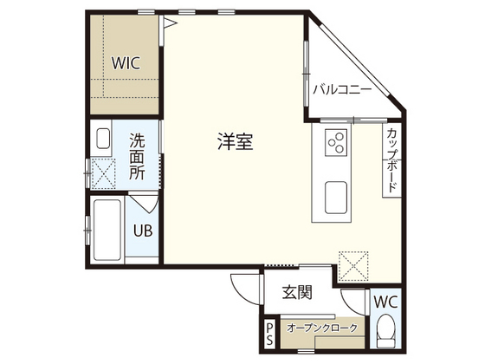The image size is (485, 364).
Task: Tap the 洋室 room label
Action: (235, 143)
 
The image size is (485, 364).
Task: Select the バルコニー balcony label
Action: (342, 89)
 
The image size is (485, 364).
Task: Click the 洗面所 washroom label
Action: (138, 155)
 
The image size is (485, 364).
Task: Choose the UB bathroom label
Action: (142, 231)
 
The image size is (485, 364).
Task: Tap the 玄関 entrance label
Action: (296, 293)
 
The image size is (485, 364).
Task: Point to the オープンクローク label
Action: (321, 328)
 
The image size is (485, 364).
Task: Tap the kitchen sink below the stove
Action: (336, 198)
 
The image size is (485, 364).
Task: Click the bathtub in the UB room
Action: (108, 231)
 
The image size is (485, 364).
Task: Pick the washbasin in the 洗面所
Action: (102, 139)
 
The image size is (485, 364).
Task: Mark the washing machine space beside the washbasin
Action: (107, 173)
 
